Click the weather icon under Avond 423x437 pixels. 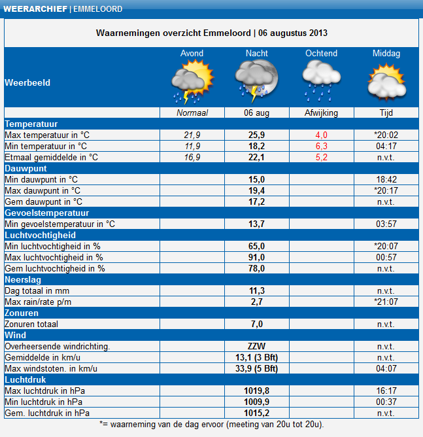pos(191,82)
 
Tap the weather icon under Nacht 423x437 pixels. pos(257,82)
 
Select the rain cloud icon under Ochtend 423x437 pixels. pos(322,82)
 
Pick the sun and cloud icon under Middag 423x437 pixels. pos(386,82)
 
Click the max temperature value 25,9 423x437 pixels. pos(257,135)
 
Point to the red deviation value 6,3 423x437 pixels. pos(322,146)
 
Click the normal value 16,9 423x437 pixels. pos(192,157)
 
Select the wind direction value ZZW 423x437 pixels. pos(257,346)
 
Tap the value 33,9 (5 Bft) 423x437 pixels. pos(257,368)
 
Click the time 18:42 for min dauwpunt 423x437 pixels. pos(386,179)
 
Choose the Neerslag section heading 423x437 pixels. pos(24,279)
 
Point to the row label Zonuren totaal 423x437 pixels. pos(32,324)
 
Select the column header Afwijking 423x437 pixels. pos(322,113)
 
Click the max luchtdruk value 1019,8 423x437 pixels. pos(257,391)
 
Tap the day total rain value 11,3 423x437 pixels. pos(257,290)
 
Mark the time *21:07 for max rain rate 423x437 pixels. pos(386,302)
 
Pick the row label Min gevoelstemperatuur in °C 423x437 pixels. pos(59,224)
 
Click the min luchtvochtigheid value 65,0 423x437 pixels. pos(257,246)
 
